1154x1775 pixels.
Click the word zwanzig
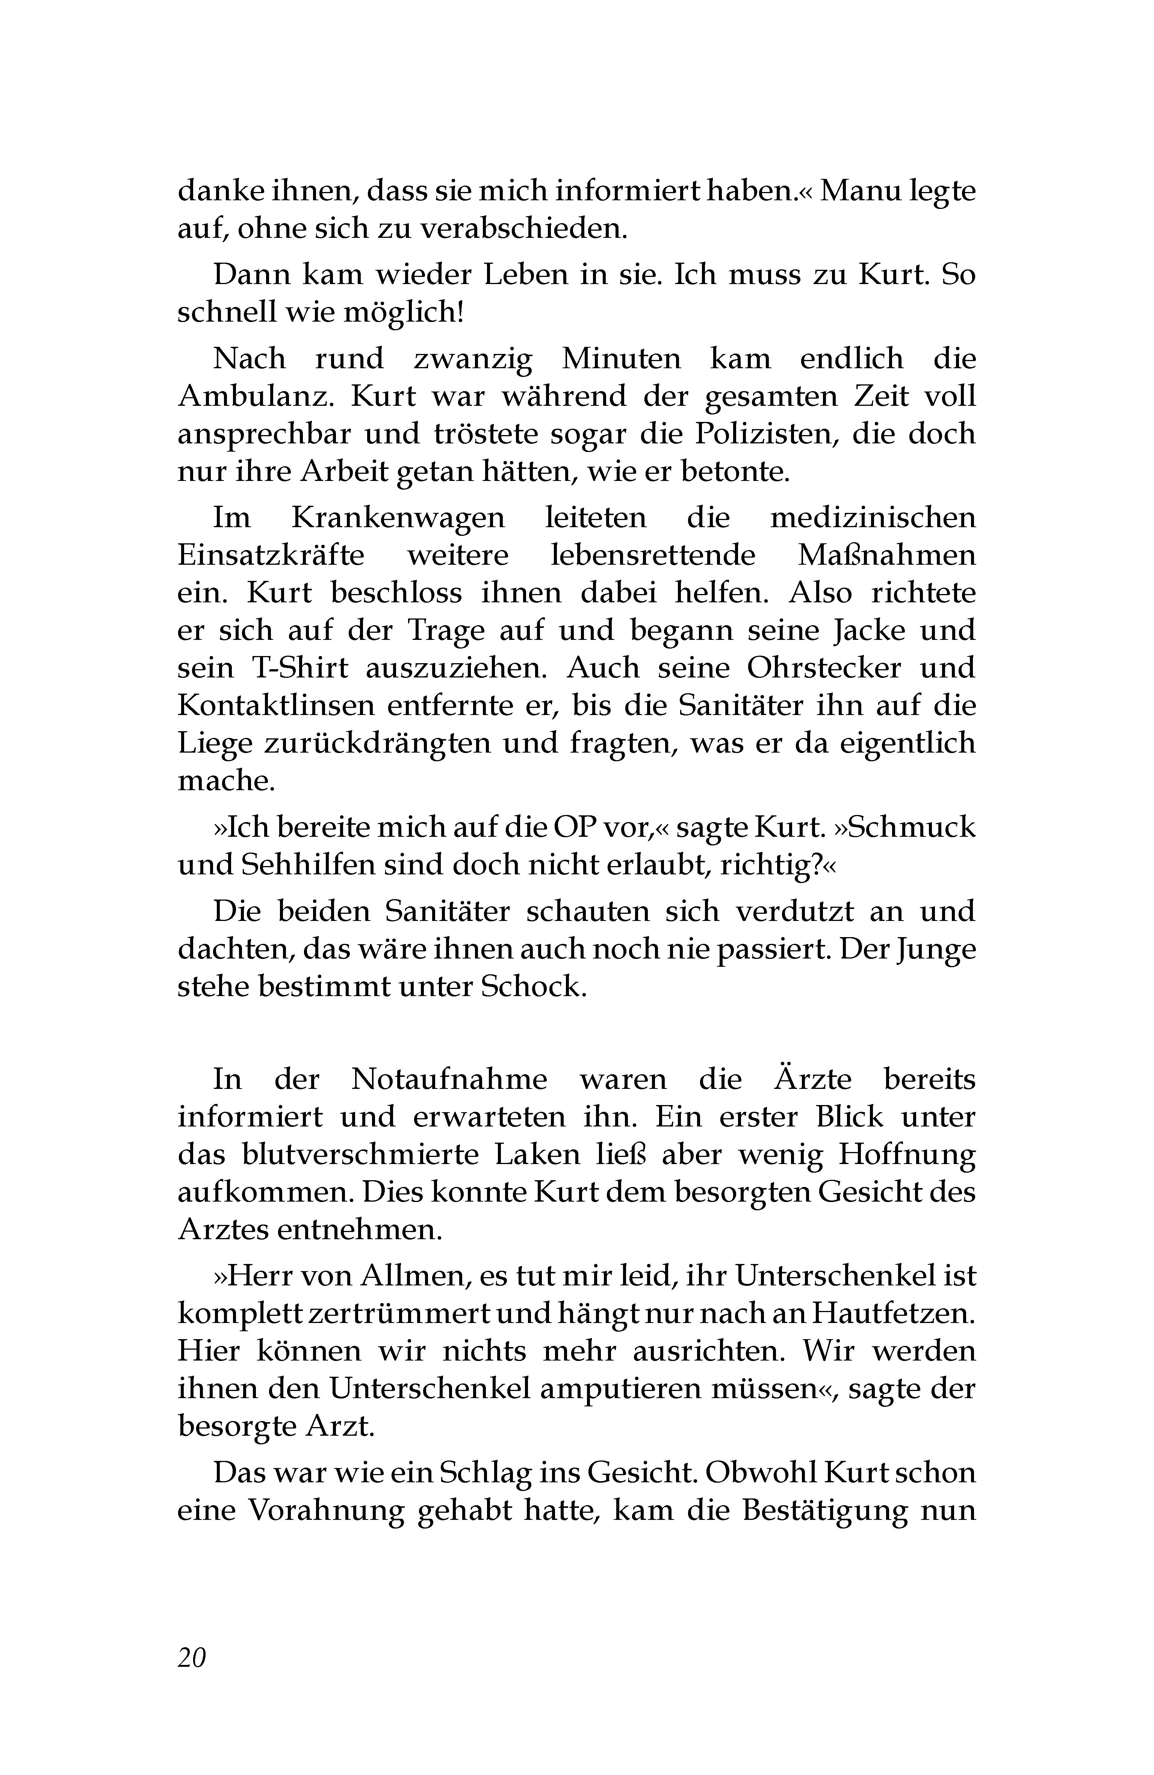tap(473, 359)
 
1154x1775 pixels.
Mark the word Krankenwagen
tap(398, 518)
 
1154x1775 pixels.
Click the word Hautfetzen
tap(889, 1313)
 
